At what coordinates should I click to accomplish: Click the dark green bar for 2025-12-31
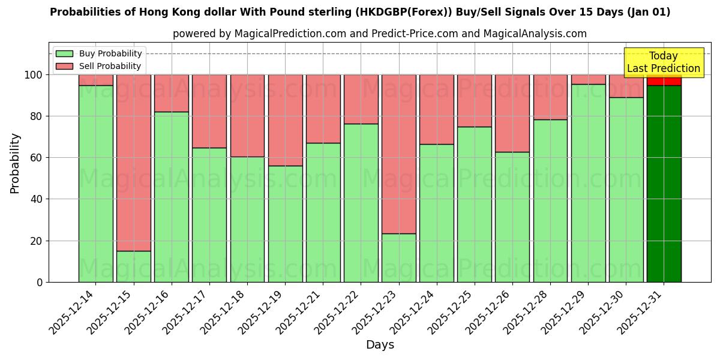[x=664, y=184]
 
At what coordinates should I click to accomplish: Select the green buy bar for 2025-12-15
[x=133, y=266]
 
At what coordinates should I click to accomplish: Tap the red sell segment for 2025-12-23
[x=398, y=154]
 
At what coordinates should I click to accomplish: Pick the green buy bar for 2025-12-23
[x=398, y=258]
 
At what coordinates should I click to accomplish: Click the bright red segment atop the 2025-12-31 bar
[x=664, y=80]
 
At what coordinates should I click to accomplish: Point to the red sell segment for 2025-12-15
[x=133, y=163]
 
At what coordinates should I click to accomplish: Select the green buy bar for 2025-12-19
[x=285, y=224]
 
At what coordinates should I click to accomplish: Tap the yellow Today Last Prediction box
[x=664, y=62]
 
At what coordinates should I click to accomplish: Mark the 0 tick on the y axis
[x=40, y=282]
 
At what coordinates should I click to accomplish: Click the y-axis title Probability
[x=15, y=163]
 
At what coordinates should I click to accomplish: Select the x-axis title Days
[x=380, y=345]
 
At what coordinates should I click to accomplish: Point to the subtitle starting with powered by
[x=380, y=34]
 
